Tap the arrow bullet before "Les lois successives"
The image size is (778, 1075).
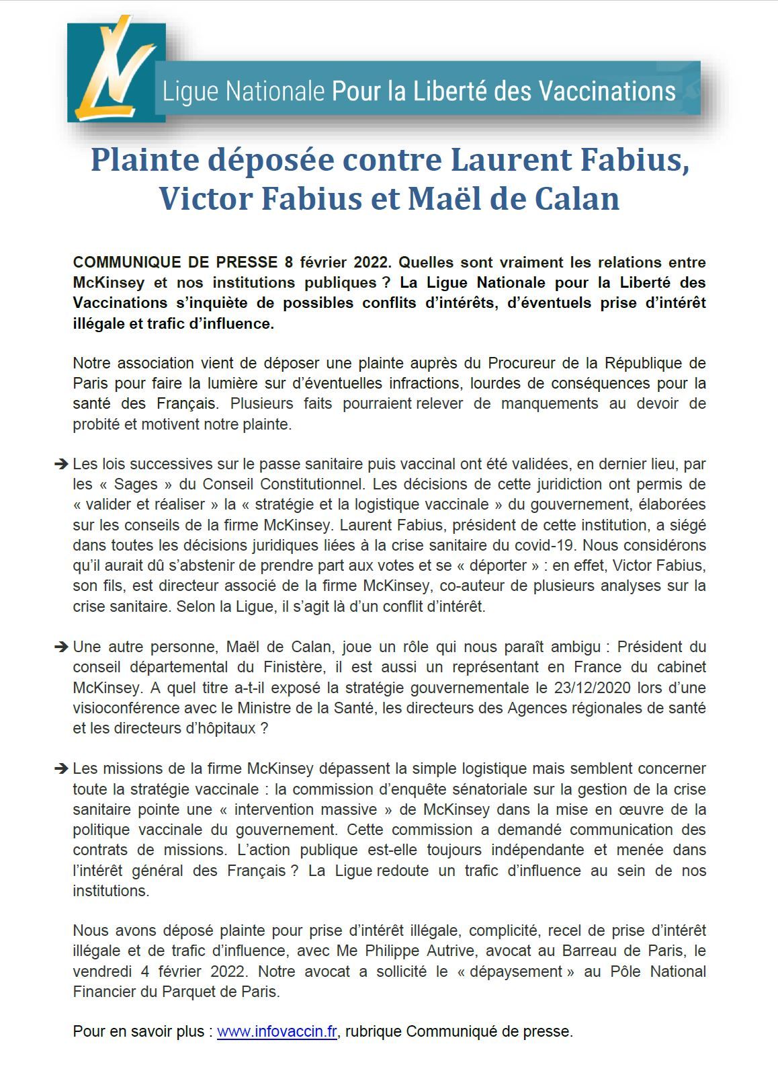(60, 464)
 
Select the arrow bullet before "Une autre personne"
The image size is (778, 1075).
(60, 647)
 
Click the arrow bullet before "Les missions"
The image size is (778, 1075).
(60, 768)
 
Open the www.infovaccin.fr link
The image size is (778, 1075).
(277, 1031)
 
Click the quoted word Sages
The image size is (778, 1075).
(136, 484)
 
